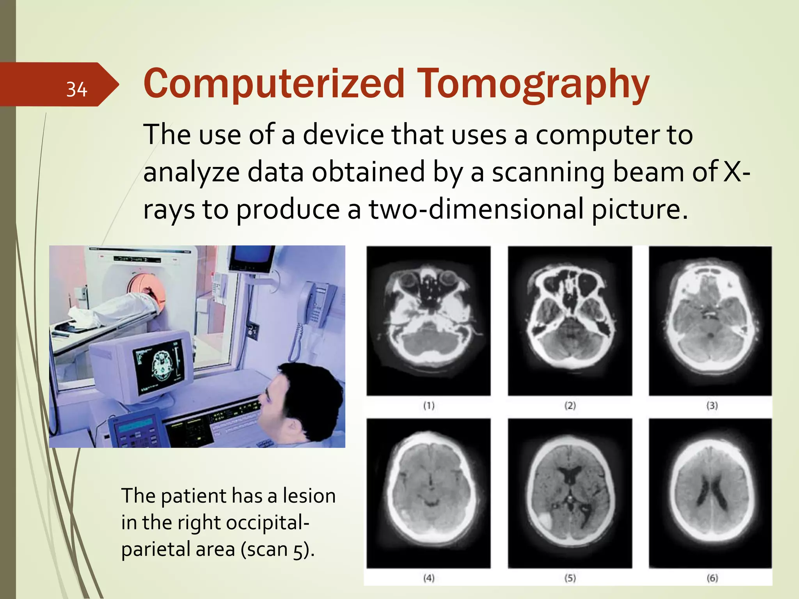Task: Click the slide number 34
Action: tap(76, 89)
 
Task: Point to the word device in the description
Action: tap(343, 135)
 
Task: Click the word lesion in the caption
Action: tap(309, 496)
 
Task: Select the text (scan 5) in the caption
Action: tap(277, 549)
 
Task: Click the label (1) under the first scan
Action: tap(429, 406)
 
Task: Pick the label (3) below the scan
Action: tap(712, 406)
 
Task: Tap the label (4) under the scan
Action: tap(429, 578)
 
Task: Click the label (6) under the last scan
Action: tap(712, 578)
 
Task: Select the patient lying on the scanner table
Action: tap(113, 308)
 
